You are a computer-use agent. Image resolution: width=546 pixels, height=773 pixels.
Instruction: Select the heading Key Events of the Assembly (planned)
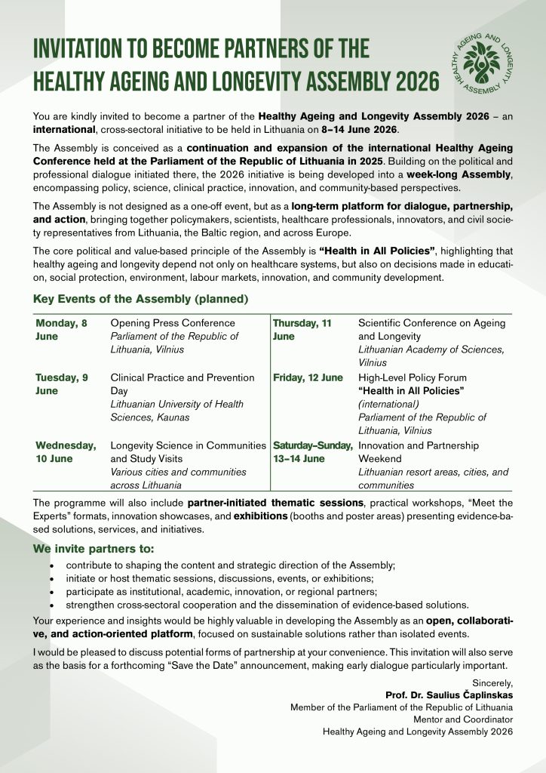(140, 298)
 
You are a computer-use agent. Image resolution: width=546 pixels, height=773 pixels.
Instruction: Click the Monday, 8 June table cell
(61, 330)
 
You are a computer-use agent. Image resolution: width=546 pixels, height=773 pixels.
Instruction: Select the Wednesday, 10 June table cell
(66, 451)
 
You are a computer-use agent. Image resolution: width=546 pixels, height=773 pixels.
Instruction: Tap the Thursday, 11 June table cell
(302, 330)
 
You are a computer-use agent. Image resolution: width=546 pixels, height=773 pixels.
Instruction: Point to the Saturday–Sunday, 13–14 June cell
(313, 451)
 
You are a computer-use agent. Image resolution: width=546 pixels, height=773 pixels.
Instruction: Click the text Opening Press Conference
(162, 323)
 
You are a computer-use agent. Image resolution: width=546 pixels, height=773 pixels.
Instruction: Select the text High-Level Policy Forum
(413, 377)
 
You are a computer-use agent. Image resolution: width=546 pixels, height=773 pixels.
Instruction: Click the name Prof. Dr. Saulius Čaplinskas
(449, 695)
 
